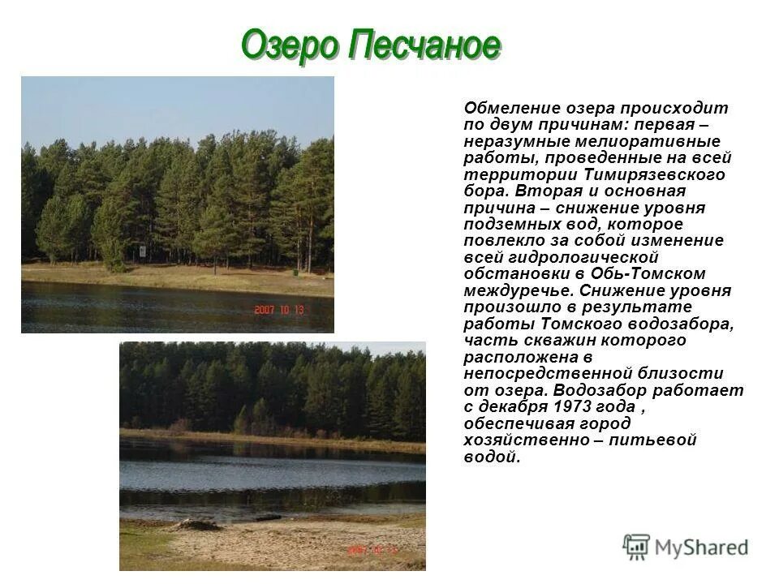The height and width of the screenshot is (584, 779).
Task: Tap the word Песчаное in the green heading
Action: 424,45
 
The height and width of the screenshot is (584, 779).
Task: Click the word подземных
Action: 509,225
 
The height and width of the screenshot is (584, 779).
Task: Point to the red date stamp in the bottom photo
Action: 373,550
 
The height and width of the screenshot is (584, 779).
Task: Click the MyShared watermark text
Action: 701,547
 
